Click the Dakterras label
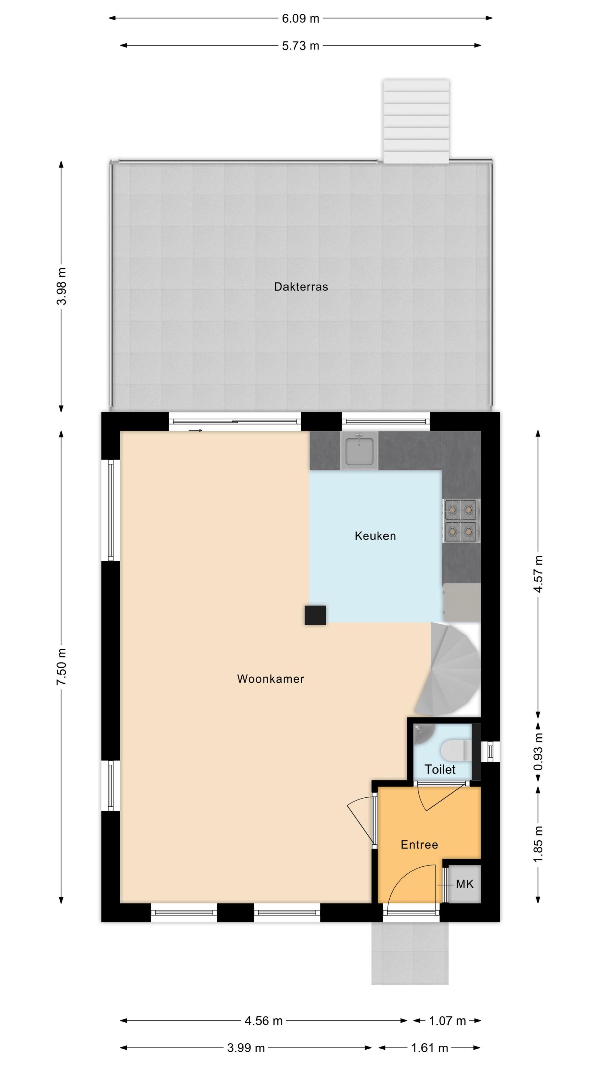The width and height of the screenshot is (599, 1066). click(x=301, y=287)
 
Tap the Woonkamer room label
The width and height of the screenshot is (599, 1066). click(x=271, y=679)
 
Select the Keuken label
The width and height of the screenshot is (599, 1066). click(x=375, y=536)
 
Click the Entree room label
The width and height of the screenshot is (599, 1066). click(x=419, y=845)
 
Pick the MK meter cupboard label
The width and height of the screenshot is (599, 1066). click(x=465, y=885)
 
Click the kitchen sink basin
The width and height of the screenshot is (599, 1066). click(x=359, y=450)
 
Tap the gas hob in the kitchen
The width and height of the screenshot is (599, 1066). click(x=462, y=521)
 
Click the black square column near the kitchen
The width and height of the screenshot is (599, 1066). click(x=315, y=615)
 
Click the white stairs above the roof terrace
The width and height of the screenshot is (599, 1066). click(x=416, y=121)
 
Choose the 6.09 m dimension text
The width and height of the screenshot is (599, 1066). click(x=301, y=18)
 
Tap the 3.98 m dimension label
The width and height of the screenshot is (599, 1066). click(x=62, y=286)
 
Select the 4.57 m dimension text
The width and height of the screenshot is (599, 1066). click(x=538, y=574)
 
